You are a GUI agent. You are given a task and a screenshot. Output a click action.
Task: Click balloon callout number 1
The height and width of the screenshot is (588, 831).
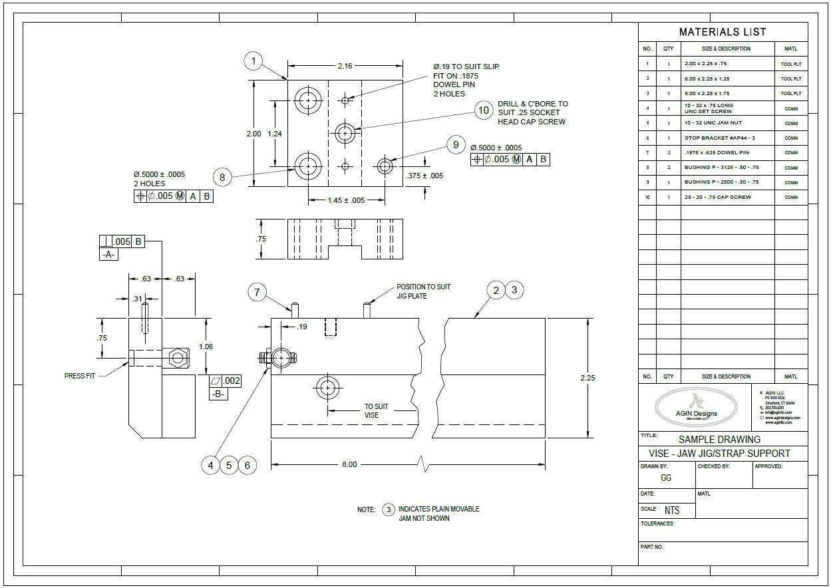coord(253,62)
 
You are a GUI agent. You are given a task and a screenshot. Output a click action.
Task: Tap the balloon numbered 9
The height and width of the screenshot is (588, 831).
coord(456,145)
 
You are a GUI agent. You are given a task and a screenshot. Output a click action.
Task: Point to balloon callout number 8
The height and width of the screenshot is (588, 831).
coord(223,177)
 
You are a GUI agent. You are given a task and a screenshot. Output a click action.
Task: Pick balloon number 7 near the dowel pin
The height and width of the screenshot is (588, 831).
coord(257,292)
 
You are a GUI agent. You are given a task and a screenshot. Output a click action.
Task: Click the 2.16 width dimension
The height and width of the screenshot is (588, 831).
coord(345,65)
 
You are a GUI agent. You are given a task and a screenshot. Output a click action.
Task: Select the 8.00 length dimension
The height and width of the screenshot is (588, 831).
coord(349,464)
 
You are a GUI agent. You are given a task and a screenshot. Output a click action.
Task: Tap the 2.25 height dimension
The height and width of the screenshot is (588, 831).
coord(587,378)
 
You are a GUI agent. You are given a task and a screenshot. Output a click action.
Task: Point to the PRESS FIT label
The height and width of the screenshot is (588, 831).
coord(80,376)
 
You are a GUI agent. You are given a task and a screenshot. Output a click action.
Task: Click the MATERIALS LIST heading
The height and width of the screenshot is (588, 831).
coord(723,32)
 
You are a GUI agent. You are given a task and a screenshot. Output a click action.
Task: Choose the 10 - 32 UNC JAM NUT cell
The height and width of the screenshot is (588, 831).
coord(713,123)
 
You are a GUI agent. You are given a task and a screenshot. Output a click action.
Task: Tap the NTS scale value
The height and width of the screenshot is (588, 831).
coord(672,510)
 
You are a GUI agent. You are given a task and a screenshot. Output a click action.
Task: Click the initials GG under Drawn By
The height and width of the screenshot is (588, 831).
coord(666,478)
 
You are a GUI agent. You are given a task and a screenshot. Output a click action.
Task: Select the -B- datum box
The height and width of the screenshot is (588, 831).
coord(218,393)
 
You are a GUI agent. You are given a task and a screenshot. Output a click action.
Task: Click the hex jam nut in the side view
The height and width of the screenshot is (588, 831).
coord(178,358)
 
